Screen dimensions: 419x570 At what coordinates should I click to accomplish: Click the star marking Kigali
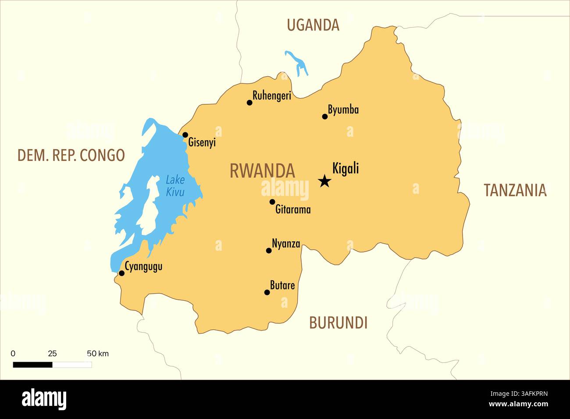point(324,181)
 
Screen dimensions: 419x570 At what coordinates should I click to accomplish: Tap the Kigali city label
point(346,168)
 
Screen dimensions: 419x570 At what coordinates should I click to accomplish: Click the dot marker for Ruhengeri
point(249,103)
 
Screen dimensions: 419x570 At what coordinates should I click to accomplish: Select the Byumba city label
point(343,110)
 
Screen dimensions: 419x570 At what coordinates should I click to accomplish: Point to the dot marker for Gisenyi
point(185,135)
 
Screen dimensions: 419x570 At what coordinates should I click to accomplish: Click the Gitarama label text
point(293,210)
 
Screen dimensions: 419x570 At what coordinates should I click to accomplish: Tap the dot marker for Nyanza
point(269,250)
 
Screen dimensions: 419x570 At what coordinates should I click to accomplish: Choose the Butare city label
point(282,286)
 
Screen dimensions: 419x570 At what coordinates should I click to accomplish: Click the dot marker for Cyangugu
point(121,273)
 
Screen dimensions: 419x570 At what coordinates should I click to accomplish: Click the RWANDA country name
point(262,171)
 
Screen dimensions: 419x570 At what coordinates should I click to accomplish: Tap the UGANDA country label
point(313,25)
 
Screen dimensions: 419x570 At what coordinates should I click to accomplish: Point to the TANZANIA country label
point(515,190)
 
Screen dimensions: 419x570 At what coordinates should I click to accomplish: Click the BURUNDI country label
point(338,323)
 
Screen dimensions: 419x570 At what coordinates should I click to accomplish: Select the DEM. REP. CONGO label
point(71,155)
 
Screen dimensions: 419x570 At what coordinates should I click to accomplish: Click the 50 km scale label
point(97,354)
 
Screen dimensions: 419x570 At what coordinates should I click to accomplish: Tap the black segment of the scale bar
point(32,365)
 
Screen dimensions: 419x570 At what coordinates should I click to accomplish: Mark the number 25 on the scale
point(52,354)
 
